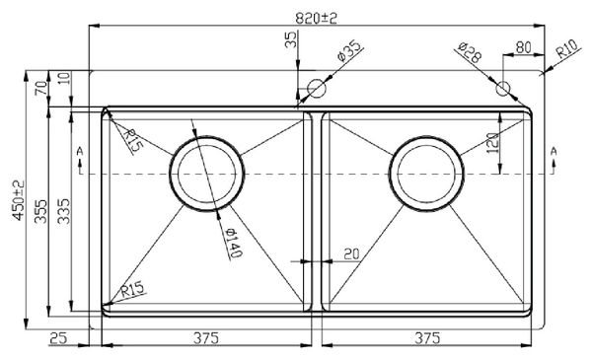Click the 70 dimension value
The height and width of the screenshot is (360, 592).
(40, 87)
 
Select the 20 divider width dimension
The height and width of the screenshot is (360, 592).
(350, 253)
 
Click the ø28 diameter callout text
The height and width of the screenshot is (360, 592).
(469, 54)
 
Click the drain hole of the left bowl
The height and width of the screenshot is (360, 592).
(206, 174)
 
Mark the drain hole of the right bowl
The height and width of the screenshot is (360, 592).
(426, 174)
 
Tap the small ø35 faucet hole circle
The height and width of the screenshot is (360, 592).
(317, 89)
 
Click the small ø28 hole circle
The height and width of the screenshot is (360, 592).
(503, 89)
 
